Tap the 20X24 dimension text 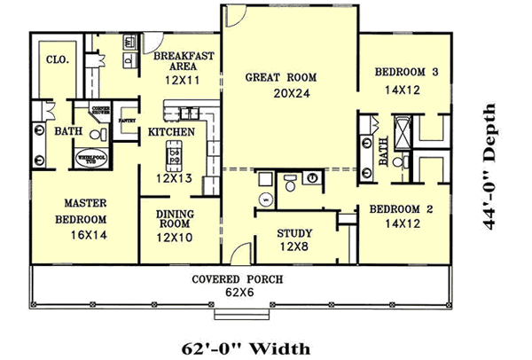[x=280, y=91]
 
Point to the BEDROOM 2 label [x=388, y=210]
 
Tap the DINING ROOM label [x=176, y=219]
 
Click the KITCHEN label [x=171, y=132]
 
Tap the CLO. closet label [x=46, y=61]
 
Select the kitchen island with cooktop [x=175, y=159]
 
